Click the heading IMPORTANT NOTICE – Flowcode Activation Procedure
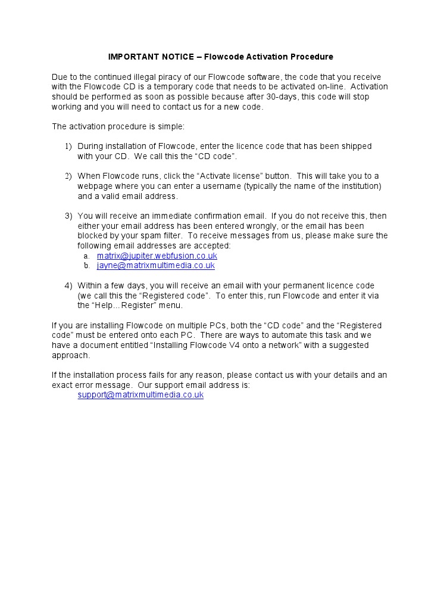220,57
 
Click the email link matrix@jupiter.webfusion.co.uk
157,256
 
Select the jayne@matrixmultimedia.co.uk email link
155,266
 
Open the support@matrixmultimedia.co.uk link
140,395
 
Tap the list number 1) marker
68,147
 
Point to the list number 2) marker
68,176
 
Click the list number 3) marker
68,216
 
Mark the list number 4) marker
68,286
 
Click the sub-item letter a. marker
86,256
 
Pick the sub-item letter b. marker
86,266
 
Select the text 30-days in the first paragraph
279,97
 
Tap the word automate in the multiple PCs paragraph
275,335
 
